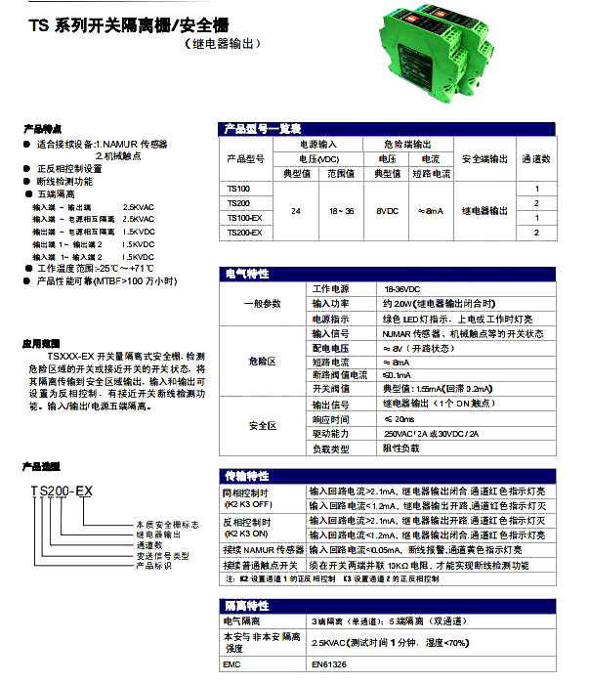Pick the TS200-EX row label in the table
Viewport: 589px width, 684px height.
pos(244,233)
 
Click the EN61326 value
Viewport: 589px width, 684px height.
pos(330,665)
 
